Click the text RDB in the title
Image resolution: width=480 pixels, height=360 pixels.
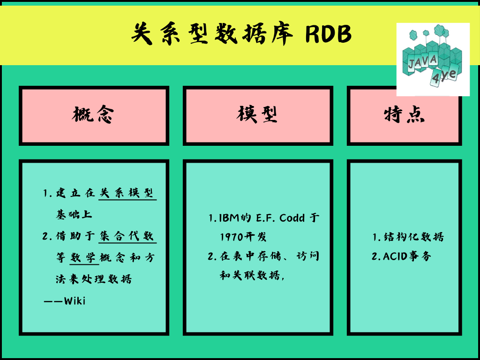tap(328, 34)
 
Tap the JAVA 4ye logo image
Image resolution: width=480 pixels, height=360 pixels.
tap(433, 60)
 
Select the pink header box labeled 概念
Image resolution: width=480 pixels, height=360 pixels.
tap(94, 115)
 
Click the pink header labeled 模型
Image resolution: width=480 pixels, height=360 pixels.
tap(258, 115)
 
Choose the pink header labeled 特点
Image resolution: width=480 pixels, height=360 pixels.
tap(404, 115)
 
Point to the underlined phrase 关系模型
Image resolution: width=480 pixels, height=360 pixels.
tap(127, 193)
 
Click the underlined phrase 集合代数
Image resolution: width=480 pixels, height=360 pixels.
tap(127, 236)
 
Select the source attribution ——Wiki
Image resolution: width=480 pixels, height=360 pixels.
tap(65, 301)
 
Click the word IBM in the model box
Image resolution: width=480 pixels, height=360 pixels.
tap(230, 218)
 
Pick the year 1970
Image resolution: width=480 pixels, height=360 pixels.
tap(231, 237)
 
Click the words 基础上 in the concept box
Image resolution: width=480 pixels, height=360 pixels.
tap(74, 215)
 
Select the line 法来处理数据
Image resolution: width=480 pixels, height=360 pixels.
tap(94, 279)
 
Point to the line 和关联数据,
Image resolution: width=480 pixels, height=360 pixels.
tap(252, 276)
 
